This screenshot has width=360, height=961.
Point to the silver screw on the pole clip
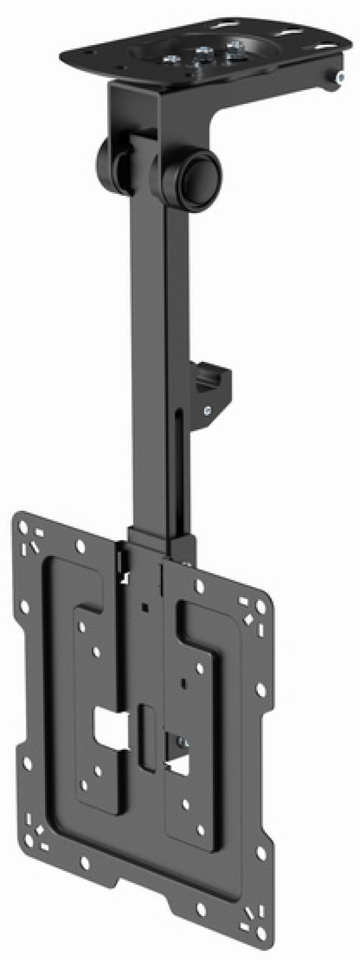(x=207, y=411)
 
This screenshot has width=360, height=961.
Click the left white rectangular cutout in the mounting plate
(x=109, y=731)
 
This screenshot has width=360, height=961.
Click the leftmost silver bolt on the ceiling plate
(x=170, y=58)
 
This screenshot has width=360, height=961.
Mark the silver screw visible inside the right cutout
(x=182, y=744)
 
